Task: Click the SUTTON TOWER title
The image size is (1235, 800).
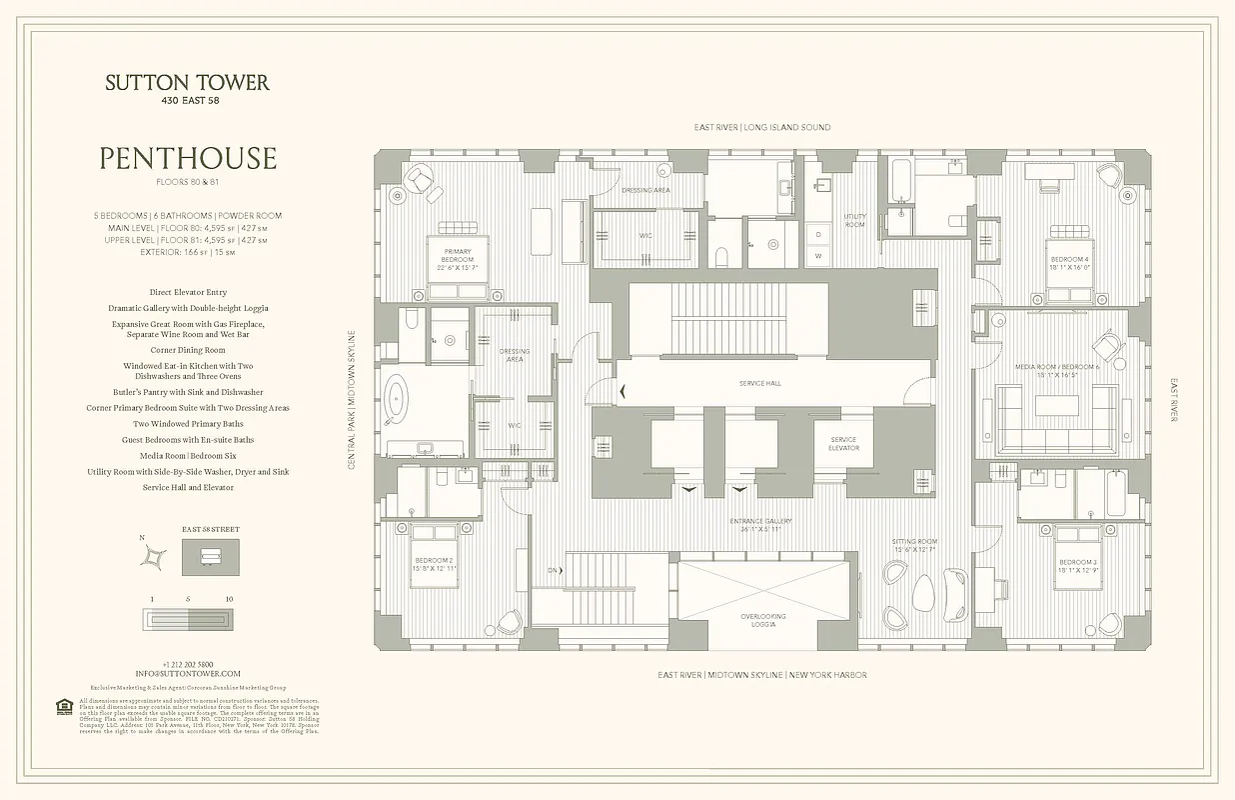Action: coord(187,83)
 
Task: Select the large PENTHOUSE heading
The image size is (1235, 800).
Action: coord(187,158)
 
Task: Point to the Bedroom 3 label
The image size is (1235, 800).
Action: coord(1078,565)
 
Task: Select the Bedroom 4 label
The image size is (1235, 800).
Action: coord(1069,263)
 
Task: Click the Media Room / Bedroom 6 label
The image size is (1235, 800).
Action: coord(1070,371)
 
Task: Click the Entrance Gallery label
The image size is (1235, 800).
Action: coord(760,524)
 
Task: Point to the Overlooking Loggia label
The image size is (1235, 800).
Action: coord(763,620)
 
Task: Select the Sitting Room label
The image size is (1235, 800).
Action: coord(913,545)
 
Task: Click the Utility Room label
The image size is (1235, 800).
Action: coord(854,221)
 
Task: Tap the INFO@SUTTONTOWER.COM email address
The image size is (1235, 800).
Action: coord(189,674)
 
